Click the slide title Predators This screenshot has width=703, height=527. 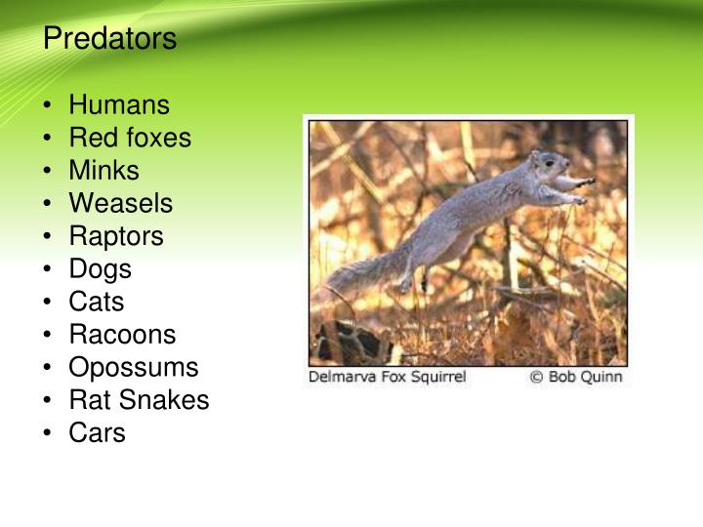pyautogui.click(x=109, y=39)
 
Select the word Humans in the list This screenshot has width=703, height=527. pyautogui.click(x=119, y=105)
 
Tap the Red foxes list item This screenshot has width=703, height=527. pyautogui.click(x=130, y=138)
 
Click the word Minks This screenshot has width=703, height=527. pyautogui.click(x=103, y=171)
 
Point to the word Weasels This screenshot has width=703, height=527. pyautogui.click(x=120, y=203)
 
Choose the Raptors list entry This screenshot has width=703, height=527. pyautogui.click(x=116, y=236)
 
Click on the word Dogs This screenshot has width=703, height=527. pyautogui.click(x=100, y=268)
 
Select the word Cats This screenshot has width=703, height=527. pyautogui.click(x=97, y=302)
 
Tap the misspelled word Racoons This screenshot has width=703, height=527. pyautogui.click(x=122, y=335)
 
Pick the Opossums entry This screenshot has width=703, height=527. pyautogui.click(x=133, y=367)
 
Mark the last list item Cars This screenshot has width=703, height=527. pyautogui.click(x=97, y=432)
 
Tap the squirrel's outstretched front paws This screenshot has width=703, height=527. pyautogui.click(x=583, y=189)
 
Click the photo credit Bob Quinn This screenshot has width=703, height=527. pyautogui.click(x=585, y=377)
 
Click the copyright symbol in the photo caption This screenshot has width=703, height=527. pyautogui.click(x=536, y=377)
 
